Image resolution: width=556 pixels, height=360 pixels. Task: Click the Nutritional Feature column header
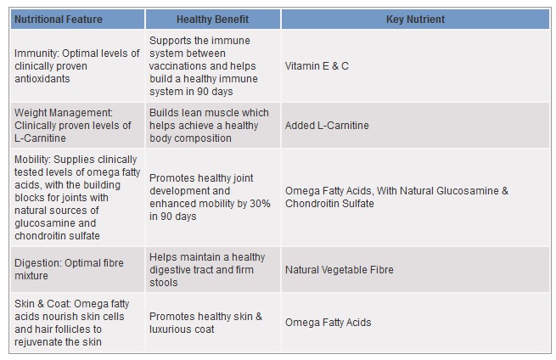59,20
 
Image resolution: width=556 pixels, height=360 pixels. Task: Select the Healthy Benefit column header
212,20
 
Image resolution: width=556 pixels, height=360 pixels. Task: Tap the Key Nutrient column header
415,20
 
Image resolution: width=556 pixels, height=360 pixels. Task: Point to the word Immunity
37,53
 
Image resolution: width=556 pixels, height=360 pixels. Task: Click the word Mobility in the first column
31,160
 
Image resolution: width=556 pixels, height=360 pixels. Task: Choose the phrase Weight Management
63,113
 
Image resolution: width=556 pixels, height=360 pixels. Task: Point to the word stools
164,283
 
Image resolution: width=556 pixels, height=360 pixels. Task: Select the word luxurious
167,329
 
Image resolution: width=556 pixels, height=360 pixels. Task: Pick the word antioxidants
42,79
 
